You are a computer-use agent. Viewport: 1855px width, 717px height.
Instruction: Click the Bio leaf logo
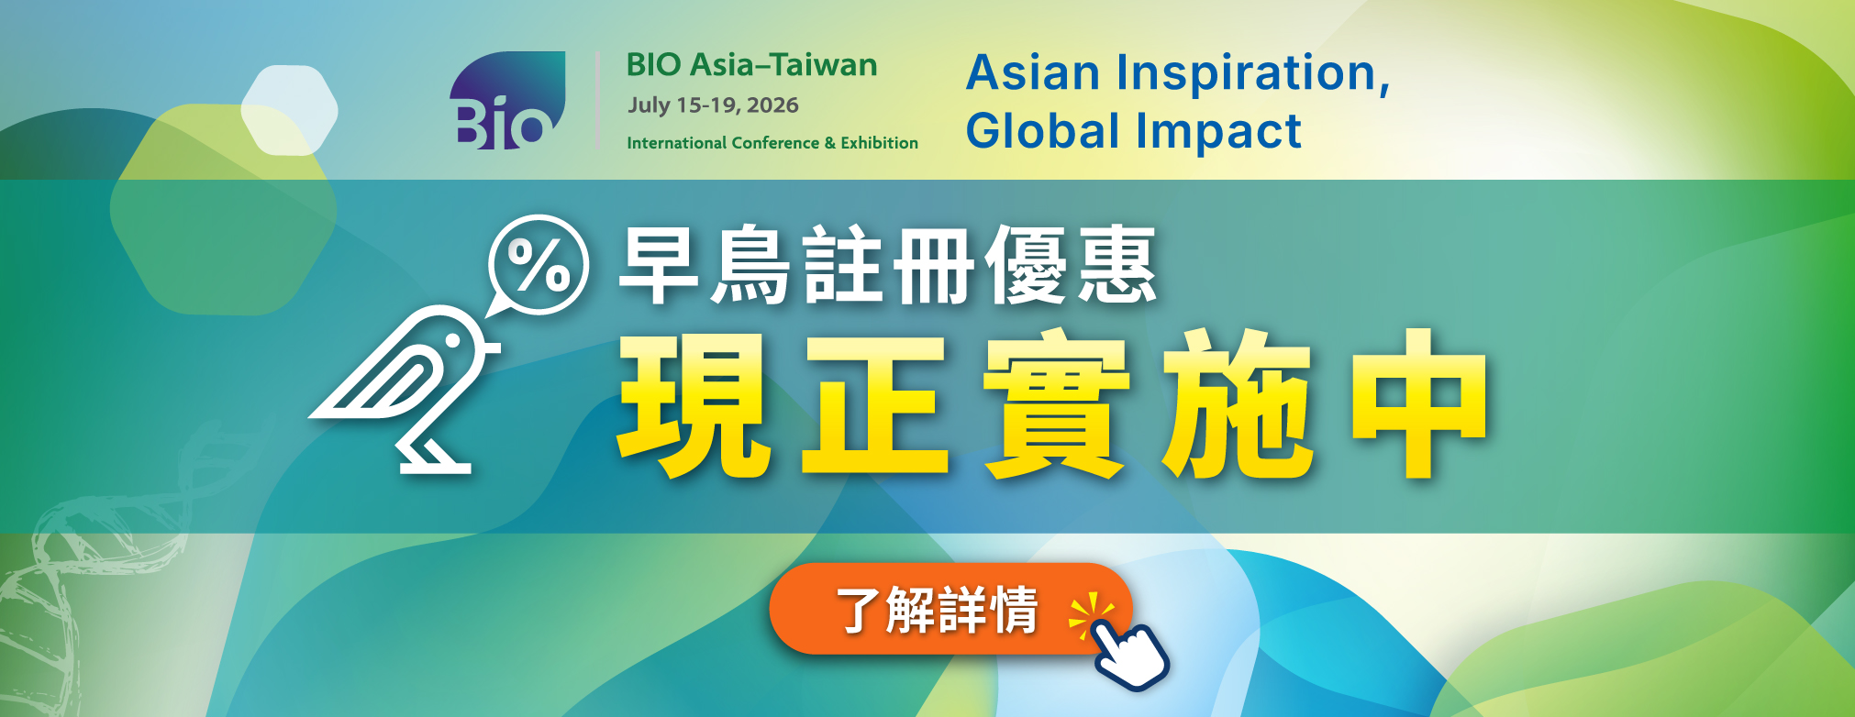pos(507,100)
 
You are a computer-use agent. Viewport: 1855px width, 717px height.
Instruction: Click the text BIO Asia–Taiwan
pos(751,65)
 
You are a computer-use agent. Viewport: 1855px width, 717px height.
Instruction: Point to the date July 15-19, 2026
pos(713,105)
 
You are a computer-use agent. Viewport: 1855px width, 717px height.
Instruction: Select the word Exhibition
pos(879,143)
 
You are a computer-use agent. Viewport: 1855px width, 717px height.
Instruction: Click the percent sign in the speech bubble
pos(539,265)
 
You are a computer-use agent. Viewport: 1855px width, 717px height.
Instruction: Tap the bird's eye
pos(452,340)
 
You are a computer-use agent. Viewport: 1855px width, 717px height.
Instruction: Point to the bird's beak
pos(491,347)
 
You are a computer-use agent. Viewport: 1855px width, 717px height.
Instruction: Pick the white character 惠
pos(1116,265)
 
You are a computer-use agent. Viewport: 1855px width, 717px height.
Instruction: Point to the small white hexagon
pos(290,110)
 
